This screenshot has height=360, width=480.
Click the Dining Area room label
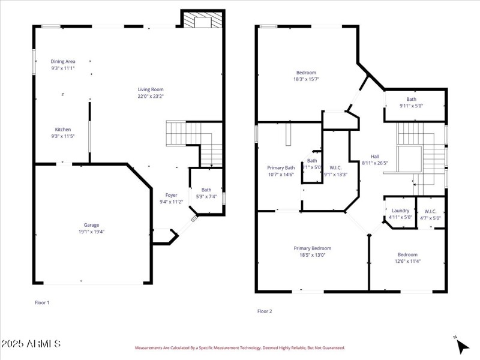click(63, 61)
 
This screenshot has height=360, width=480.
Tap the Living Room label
click(151, 89)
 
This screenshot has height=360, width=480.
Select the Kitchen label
click(63, 130)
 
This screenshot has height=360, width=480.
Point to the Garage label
click(91, 225)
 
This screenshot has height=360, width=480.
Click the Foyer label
click(171, 195)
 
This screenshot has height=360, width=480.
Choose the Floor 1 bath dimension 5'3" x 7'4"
click(206, 197)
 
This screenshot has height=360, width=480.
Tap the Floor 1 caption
click(42, 303)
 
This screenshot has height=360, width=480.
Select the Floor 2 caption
click(265, 311)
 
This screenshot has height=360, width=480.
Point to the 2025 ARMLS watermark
click(31, 344)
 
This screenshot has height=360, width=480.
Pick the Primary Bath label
click(281, 168)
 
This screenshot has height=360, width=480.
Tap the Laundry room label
click(400, 211)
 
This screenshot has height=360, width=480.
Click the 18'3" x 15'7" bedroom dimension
click(306, 79)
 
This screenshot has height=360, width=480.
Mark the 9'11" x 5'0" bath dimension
click(411, 106)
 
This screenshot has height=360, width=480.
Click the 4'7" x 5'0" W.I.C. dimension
click(430, 218)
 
